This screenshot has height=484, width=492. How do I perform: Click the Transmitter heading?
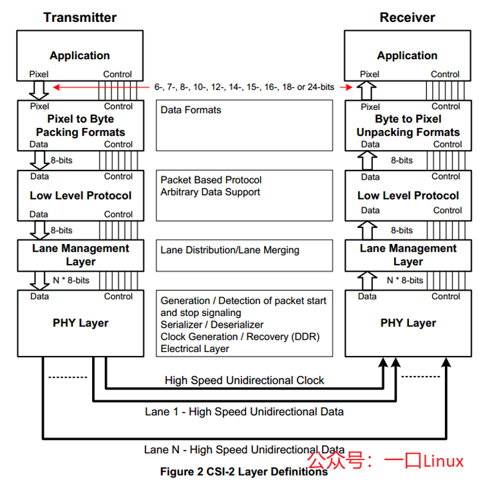tap(80, 17)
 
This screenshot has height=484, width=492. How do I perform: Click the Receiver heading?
tap(407, 17)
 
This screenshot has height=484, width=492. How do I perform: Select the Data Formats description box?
tap(245, 126)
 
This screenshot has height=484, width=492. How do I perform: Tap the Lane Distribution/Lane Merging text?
tap(230, 250)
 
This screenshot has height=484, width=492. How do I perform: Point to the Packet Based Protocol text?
tap(211, 180)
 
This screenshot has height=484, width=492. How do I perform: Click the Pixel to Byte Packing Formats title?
tap(80, 126)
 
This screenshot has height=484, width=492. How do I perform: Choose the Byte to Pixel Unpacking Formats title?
tap(408, 126)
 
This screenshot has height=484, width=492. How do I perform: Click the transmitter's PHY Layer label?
tap(80, 323)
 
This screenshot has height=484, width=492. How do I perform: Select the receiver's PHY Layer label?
tap(408, 323)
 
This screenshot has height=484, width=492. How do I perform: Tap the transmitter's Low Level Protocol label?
tap(80, 196)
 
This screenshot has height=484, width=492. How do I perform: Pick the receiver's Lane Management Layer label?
tap(408, 255)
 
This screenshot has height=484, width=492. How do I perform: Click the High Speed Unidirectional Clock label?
tap(245, 380)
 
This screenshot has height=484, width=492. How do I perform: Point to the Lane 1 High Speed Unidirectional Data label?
tap(245, 411)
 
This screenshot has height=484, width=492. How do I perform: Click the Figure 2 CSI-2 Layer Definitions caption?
tap(244, 472)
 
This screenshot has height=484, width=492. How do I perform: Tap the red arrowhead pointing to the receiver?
tap(348, 87)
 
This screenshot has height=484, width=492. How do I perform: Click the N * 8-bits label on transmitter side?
tap(71, 280)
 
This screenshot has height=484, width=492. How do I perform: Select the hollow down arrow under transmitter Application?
tap(39, 90)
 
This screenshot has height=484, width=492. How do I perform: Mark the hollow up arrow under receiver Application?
tap(366, 90)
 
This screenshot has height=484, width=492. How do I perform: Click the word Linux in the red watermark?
tap(443, 461)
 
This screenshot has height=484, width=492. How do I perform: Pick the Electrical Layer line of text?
tap(194, 348)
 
